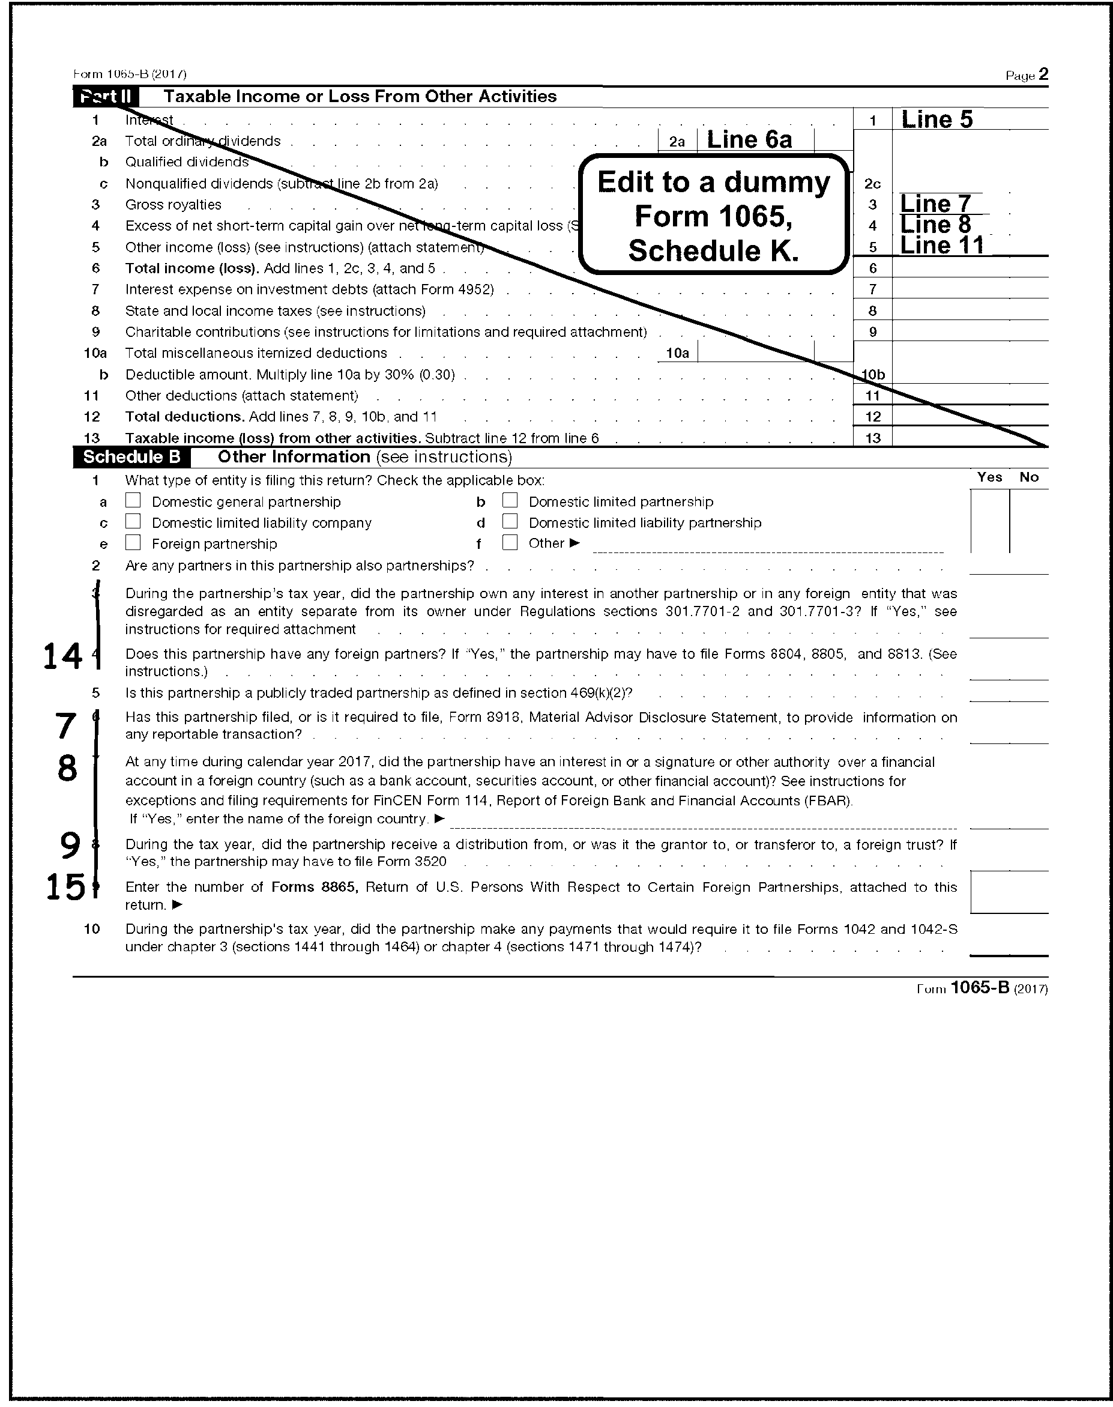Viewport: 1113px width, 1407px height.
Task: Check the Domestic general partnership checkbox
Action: click(x=133, y=500)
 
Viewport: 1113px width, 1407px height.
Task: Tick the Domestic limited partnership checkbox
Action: click(x=510, y=500)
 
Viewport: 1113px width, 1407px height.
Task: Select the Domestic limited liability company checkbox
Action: click(x=133, y=521)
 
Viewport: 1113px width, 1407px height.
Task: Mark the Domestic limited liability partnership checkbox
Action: click(x=510, y=521)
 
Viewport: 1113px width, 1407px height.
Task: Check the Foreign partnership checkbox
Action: click(x=133, y=542)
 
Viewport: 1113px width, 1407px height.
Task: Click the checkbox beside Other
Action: click(x=510, y=542)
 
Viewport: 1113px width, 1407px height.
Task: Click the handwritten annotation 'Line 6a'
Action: click(x=749, y=139)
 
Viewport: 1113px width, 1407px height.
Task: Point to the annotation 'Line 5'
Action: click(x=937, y=120)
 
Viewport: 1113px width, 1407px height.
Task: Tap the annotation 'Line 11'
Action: click(x=942, y=245)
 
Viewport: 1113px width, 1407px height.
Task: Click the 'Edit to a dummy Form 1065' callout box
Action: click(x=714, y=216)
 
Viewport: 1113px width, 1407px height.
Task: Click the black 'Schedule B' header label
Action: click(x=131, y=457)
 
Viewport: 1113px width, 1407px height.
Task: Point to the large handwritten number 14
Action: click(x=62, y=656)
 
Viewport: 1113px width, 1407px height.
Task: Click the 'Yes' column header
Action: click(x=989, y=477)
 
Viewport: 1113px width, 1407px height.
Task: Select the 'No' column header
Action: click(x=1029, y=477)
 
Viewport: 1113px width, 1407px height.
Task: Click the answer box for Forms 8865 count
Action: click(x=1009, y=892)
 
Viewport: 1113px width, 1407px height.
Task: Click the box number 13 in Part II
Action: click(x=872, y=438)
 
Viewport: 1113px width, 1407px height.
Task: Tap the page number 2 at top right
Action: click(x=1043, y=74)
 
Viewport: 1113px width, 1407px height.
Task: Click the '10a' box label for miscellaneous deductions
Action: click(x=677, y=353)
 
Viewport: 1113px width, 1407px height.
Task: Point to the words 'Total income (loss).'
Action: click(x=192, y=268)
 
